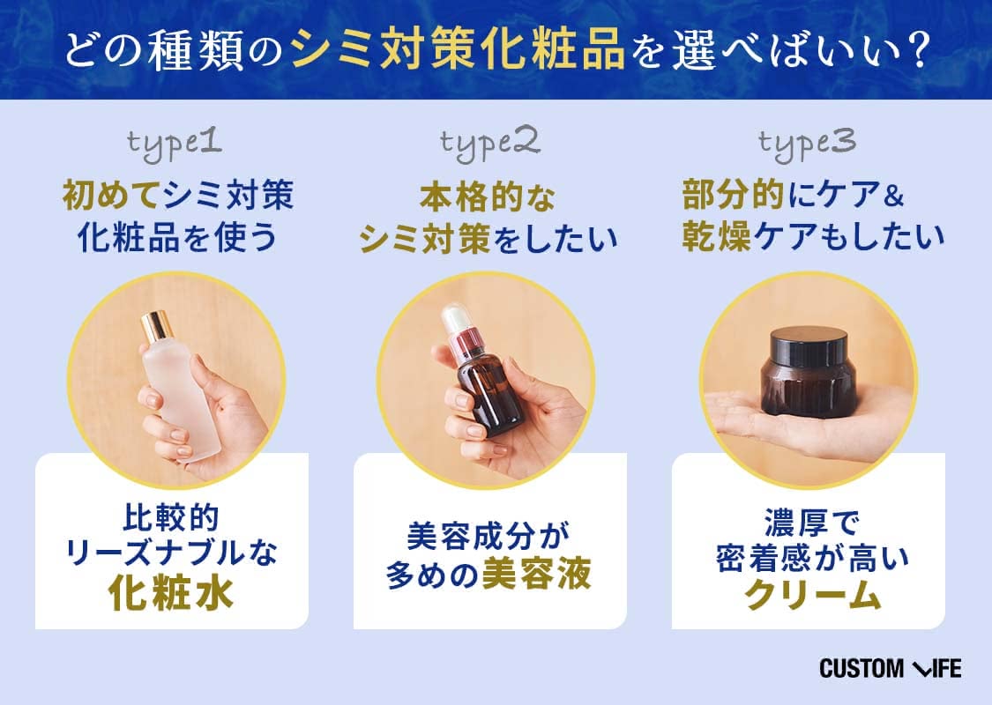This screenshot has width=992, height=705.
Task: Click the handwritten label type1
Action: (175, 145)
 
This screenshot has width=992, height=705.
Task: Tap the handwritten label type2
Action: (490, 145)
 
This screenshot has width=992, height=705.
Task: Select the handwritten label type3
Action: (807, 145)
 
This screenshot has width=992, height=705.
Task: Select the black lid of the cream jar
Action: (809, 345)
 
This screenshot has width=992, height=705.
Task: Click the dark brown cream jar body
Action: (809, 387)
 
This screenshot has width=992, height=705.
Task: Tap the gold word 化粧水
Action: (171, 592)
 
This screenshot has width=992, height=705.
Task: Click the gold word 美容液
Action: (536, 574)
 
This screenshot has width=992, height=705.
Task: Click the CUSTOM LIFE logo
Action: (890, 668)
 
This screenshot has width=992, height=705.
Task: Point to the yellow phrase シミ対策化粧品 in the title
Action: (458, 50)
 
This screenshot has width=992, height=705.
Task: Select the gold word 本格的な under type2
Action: (488, 197)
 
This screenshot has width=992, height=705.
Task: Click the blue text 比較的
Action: (171, 518)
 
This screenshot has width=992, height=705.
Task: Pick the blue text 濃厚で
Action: (811, 523)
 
